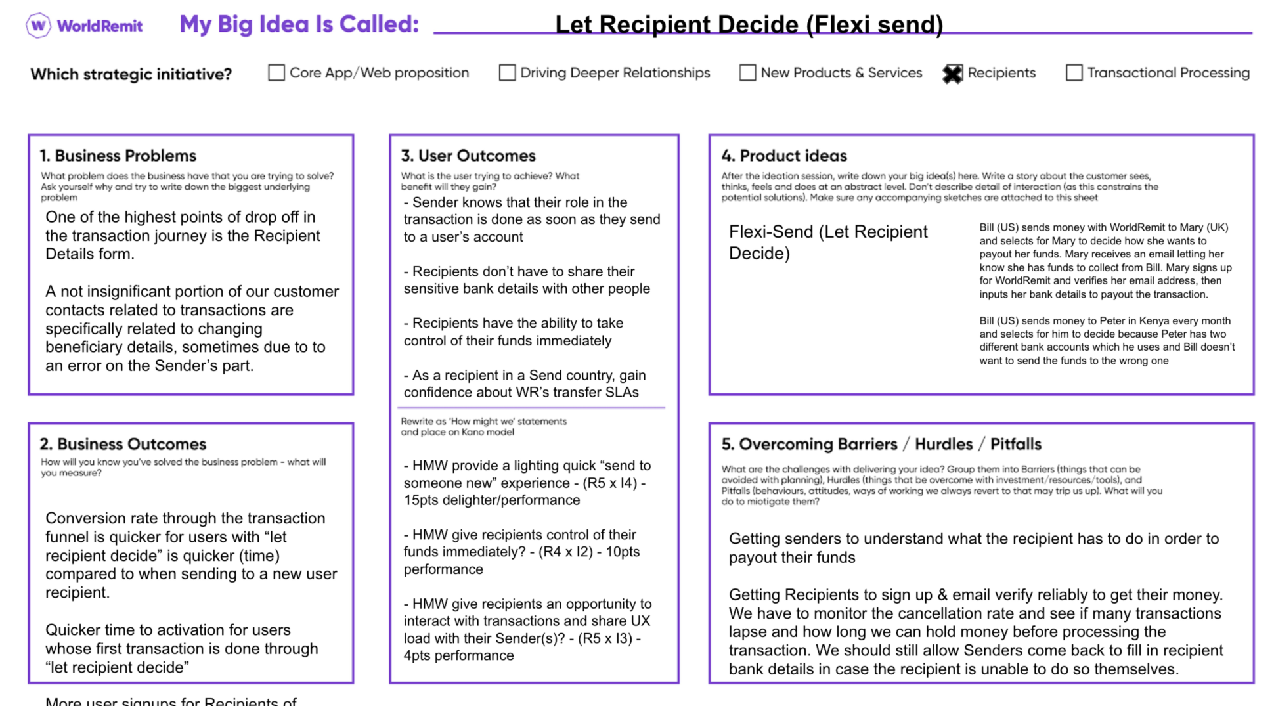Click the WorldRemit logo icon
pos(38,26)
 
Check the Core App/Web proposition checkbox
pos(276,73)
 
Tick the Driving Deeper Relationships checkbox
pos(507,73)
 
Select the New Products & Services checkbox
pos(747,73)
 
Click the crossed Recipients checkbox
pos(952,74)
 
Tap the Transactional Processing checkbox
pos(1074,73)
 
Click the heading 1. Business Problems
pos(118,156)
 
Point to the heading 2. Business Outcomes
pos(123,444)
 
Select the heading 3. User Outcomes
pos(468,156)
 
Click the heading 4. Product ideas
pos(784,156)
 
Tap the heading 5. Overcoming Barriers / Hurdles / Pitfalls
pos(881,444)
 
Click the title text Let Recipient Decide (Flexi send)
pos(749,25)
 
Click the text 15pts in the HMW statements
pos(421,500)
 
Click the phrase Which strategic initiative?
pos(131,74)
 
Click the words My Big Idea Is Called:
pos(299,24)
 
